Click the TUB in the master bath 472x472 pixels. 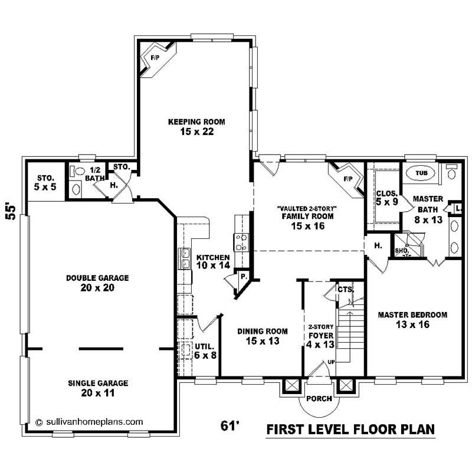coord(421,173)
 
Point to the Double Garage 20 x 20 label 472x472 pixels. coord(97,283)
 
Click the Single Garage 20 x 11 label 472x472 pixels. coord(97,388)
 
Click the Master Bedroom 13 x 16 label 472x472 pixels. coord(412,319)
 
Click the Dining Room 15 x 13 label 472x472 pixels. coord(254,336)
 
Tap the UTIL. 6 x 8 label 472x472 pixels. coord(205,350)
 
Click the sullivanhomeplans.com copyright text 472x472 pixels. coord(89,422)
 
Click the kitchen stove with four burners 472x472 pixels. coord(242,242)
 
